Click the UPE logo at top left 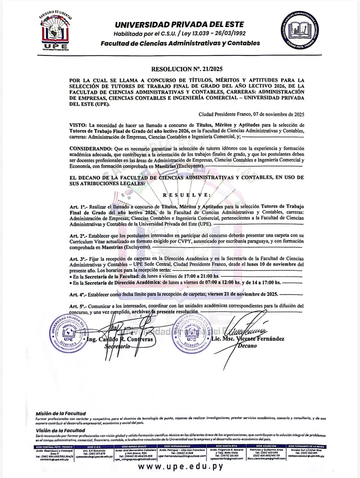(55, 31)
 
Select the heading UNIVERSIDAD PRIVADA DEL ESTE (179, 24)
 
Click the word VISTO (78, 125)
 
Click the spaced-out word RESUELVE (187, 195)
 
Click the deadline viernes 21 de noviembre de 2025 (243, 294)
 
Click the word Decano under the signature (247, 346)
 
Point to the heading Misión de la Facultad (61, 413)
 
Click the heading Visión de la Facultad (60, 430)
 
